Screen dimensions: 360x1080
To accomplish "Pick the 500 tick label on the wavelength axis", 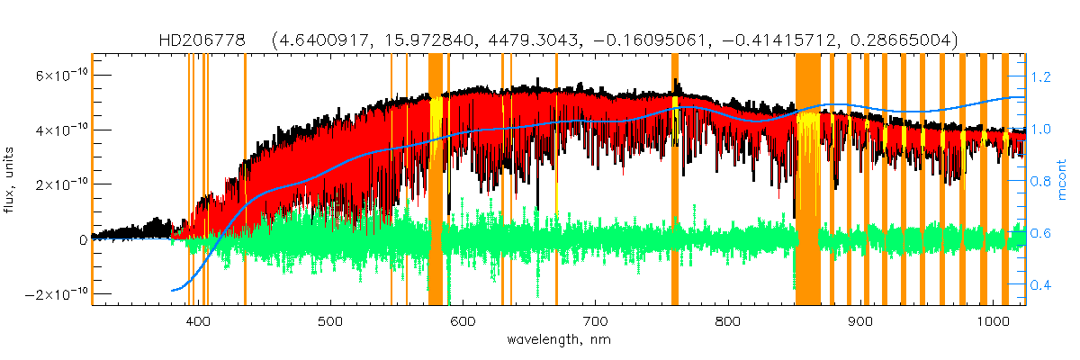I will (x=330, y=321).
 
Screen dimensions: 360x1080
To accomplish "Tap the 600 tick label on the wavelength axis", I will (x=463, y=321).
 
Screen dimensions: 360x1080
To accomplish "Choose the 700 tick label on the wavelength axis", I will (x=595, y=321).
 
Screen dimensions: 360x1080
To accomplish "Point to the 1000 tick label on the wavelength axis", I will (x=991, y=321).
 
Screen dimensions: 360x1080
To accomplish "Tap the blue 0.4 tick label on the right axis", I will (x=1040, y=287).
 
